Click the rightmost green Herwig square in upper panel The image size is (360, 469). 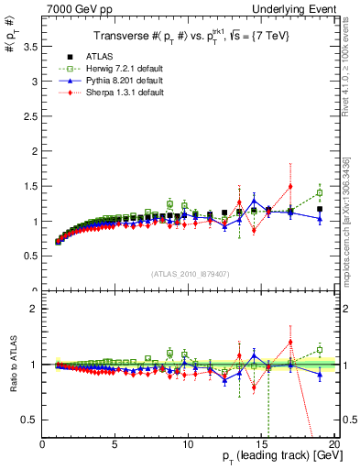coord(319,192)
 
